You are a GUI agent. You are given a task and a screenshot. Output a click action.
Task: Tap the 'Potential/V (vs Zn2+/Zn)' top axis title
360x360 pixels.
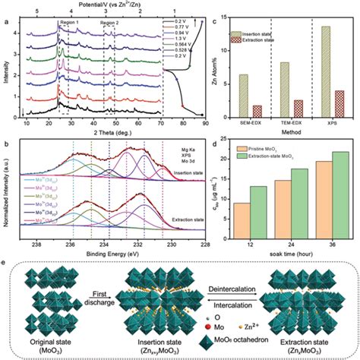click(x=103, y=5)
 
